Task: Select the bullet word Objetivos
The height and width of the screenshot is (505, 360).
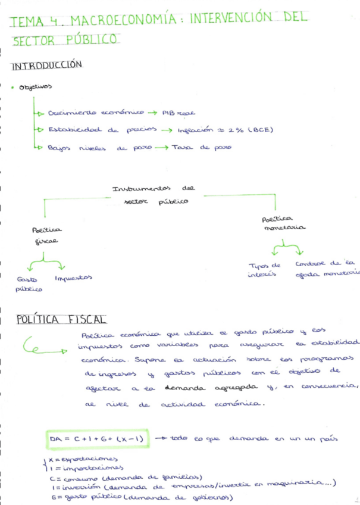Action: (x=36, y=87)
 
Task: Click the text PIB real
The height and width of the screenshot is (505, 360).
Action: (x=178, y=112)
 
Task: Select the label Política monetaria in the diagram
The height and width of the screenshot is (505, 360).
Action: (x=283, y=223)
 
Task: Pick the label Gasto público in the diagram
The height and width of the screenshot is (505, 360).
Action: (x=29, y=283)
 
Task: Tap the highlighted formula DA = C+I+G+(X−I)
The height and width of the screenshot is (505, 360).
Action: (x=98, y=439)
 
